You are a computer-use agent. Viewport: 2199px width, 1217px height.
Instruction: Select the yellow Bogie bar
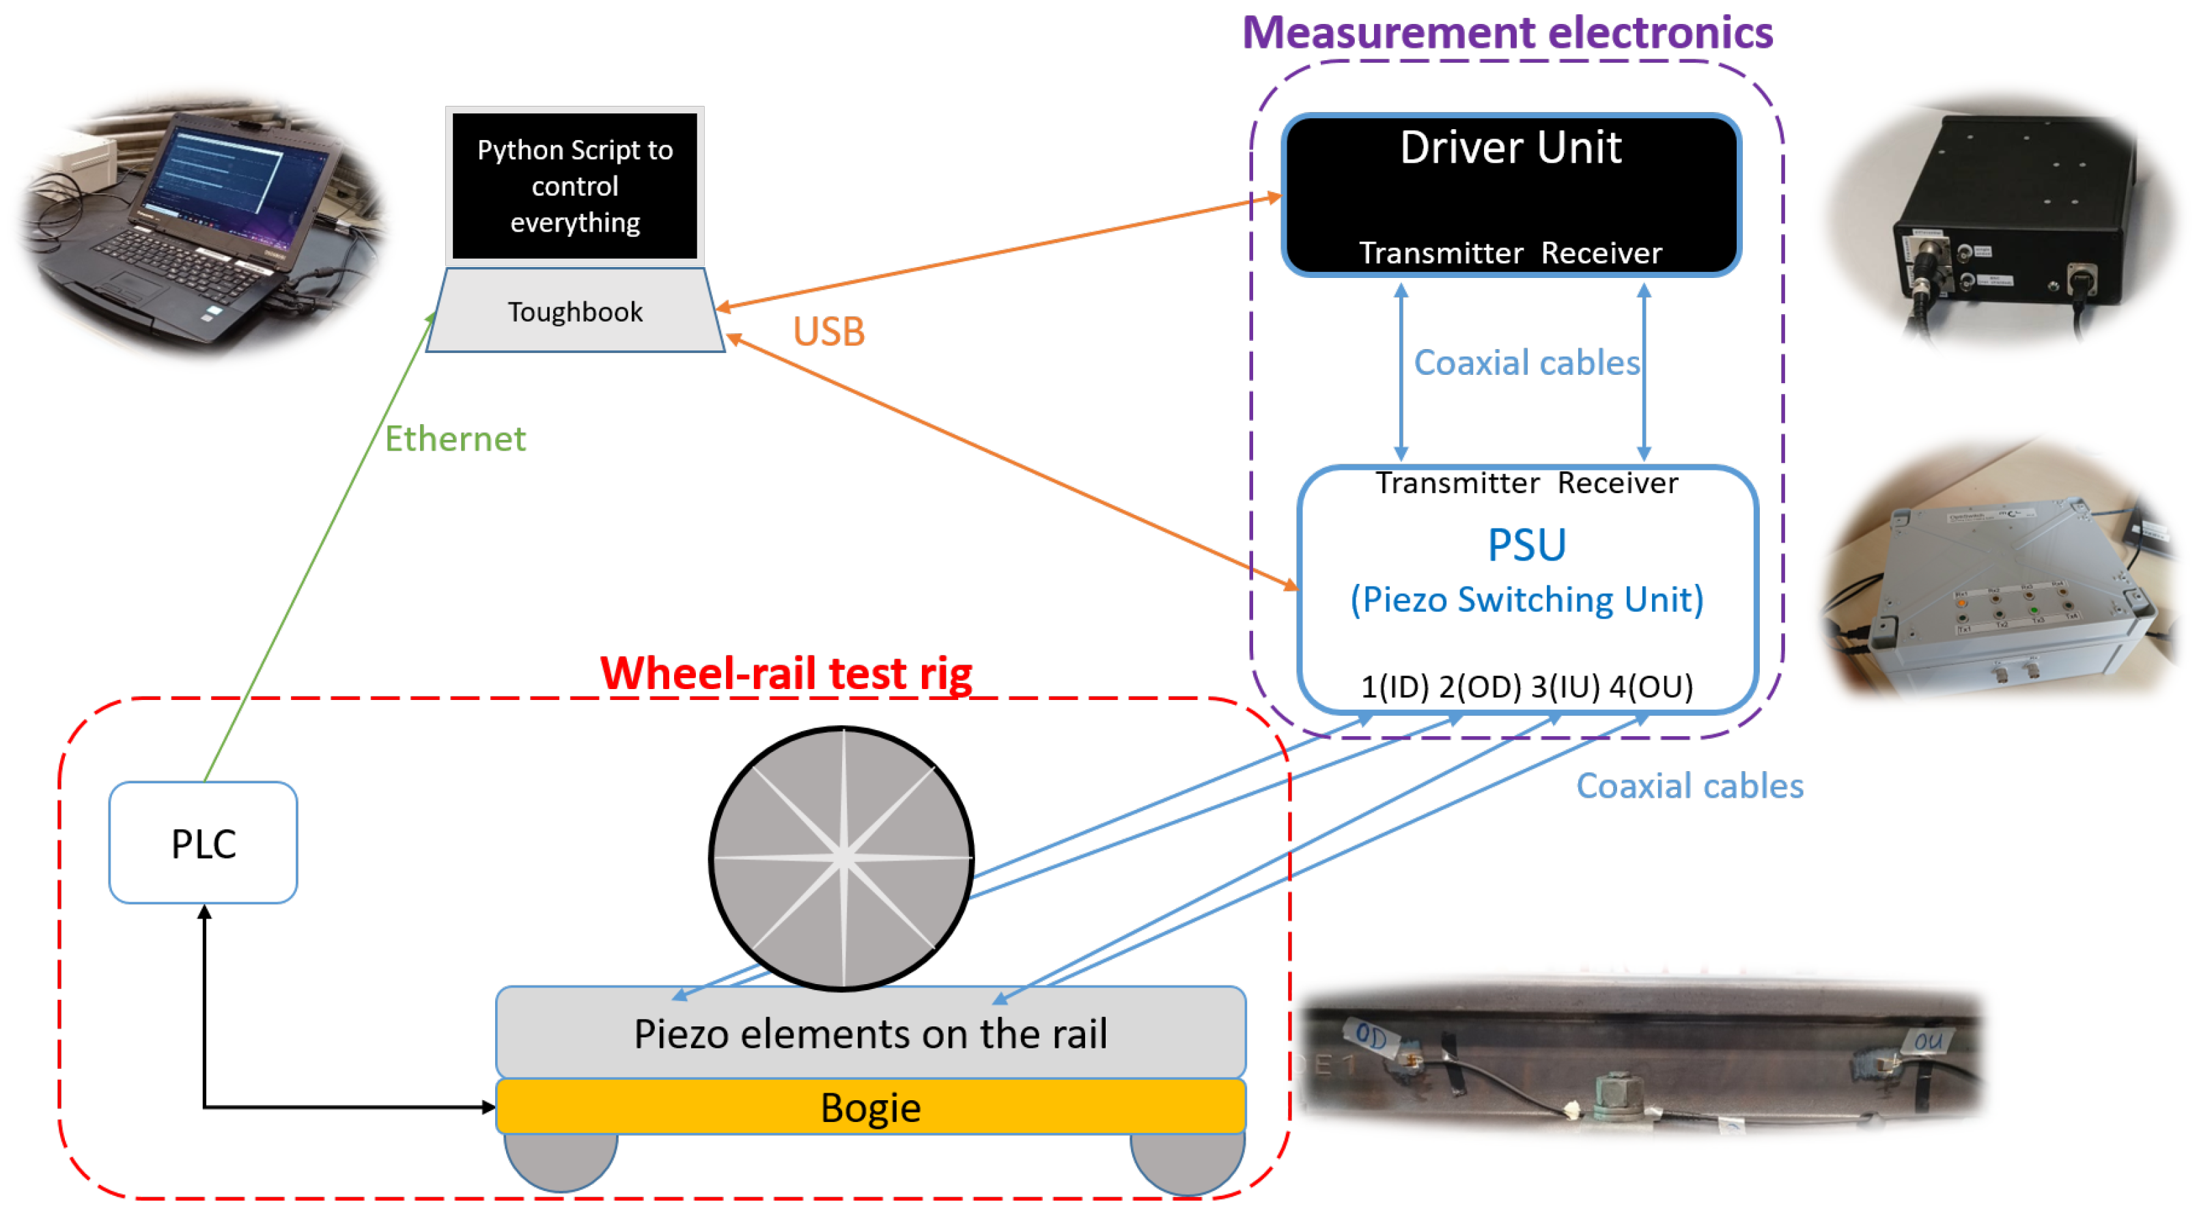pos(870,1107)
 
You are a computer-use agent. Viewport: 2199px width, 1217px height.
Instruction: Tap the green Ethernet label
pos(455,438)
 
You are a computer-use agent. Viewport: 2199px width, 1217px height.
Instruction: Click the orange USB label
pos(828,331)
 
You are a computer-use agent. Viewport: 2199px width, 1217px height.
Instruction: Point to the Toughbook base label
pos(574,311)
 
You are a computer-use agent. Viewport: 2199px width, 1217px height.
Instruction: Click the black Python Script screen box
pos(574,185)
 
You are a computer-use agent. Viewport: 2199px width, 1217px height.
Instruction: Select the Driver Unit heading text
pos(1510,148)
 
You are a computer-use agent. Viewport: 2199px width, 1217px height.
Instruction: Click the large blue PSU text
pos(1526,544)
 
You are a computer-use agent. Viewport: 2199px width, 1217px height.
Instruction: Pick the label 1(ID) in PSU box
pos(1394,686)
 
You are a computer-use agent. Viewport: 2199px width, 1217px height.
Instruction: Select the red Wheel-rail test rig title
pos(785,673)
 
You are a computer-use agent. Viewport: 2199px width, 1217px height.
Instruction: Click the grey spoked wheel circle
pos(841,858)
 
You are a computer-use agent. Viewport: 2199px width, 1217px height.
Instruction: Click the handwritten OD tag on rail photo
pos(1371,1035)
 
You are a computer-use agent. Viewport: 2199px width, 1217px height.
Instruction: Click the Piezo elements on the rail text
pos(870,1033)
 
